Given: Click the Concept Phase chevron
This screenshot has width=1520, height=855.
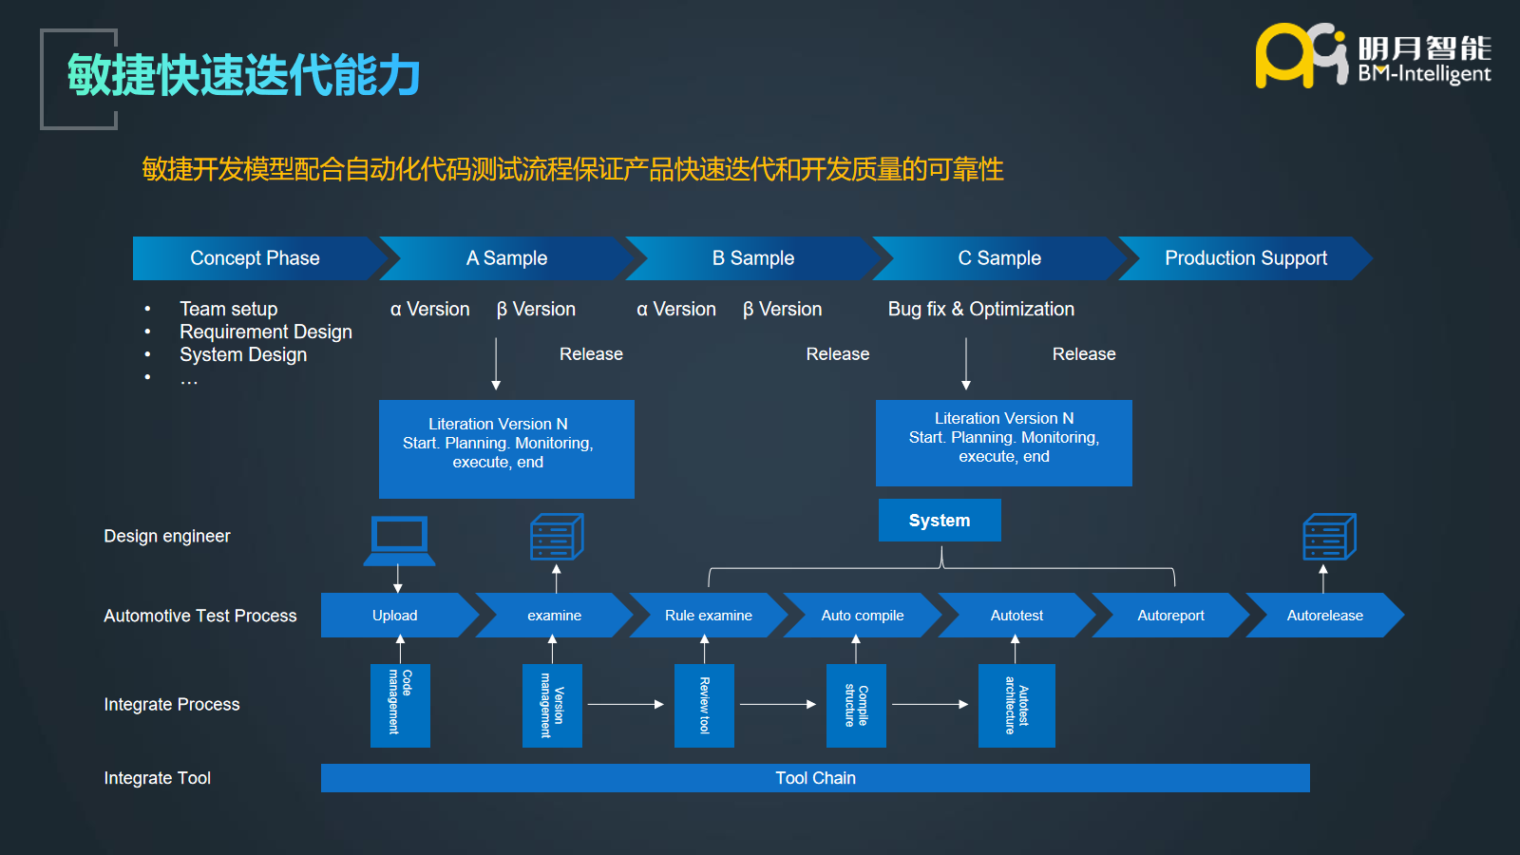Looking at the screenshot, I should coord(255,258).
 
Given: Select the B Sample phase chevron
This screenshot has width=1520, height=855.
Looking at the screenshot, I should coord(753,258).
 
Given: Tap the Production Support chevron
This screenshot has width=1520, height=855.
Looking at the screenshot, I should coord(1245,258).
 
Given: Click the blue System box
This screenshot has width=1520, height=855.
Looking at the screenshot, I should coord(940,521).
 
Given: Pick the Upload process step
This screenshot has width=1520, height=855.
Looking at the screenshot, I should coord(395,616).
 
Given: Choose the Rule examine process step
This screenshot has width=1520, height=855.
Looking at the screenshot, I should coord(708,616).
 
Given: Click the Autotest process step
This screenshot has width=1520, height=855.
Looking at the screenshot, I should coord(1016,616).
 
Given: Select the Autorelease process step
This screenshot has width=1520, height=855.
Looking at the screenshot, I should coord(1324,616).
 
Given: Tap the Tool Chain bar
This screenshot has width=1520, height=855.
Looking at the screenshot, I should coord(815,778).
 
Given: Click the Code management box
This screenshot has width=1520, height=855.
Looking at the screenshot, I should coord(400,705).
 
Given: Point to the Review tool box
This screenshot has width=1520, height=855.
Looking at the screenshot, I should coord(704,705).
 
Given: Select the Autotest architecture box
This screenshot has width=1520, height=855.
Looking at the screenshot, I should coord(1016,705).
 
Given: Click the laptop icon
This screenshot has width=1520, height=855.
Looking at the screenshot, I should coord(399,540).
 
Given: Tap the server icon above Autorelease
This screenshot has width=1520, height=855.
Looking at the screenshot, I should coord(1328,537).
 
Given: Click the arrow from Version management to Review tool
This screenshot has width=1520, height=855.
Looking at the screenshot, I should coord(625,704).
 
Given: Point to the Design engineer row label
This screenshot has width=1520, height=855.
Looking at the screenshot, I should coord(167,536).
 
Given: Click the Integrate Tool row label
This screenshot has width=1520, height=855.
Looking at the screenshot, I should coord(158,778).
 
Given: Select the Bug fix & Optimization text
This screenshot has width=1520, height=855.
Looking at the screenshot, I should coord(981,309).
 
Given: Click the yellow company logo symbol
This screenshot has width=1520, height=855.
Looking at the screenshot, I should coord(1300,56).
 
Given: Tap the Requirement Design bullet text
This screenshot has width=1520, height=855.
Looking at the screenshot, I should coord(266,332).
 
